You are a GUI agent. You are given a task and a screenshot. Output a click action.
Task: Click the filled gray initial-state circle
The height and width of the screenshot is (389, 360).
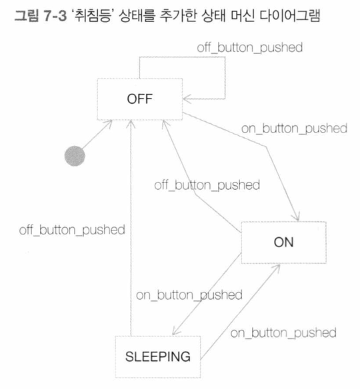coord(75,156)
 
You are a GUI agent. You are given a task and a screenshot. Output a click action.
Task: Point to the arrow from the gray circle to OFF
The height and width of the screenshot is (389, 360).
coord(97,135)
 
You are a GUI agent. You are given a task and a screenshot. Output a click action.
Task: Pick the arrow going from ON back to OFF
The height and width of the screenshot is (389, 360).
coord(195,195)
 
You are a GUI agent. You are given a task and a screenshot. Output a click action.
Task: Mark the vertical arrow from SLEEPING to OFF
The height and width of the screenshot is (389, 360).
coord(131,228)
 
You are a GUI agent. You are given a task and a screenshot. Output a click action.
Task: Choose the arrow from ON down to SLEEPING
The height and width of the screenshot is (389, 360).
coord(207,294)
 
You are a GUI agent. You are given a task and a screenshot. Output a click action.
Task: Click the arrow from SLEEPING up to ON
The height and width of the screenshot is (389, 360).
coord(240,312)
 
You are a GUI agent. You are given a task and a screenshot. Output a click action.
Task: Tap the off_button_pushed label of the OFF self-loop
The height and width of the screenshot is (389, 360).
coord(250,47)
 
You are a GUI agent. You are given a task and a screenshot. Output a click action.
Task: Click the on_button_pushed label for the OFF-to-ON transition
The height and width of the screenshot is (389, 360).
coord(294,129)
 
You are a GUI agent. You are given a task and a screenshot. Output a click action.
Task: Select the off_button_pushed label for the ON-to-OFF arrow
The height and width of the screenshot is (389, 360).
coord(207,185)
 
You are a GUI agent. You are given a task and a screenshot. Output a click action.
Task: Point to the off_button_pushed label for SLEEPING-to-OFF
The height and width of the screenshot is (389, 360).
coord(72,230)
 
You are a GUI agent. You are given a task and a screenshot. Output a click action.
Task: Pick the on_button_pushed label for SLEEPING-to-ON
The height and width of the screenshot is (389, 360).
coord(283,332)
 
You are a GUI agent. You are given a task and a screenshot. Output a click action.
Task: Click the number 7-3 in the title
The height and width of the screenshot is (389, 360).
coord(55,16)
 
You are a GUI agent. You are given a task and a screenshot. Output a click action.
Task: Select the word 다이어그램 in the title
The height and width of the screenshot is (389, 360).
coord(289,15)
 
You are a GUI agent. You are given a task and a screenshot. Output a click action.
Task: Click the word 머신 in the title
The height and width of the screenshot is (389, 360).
coord(242,15)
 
